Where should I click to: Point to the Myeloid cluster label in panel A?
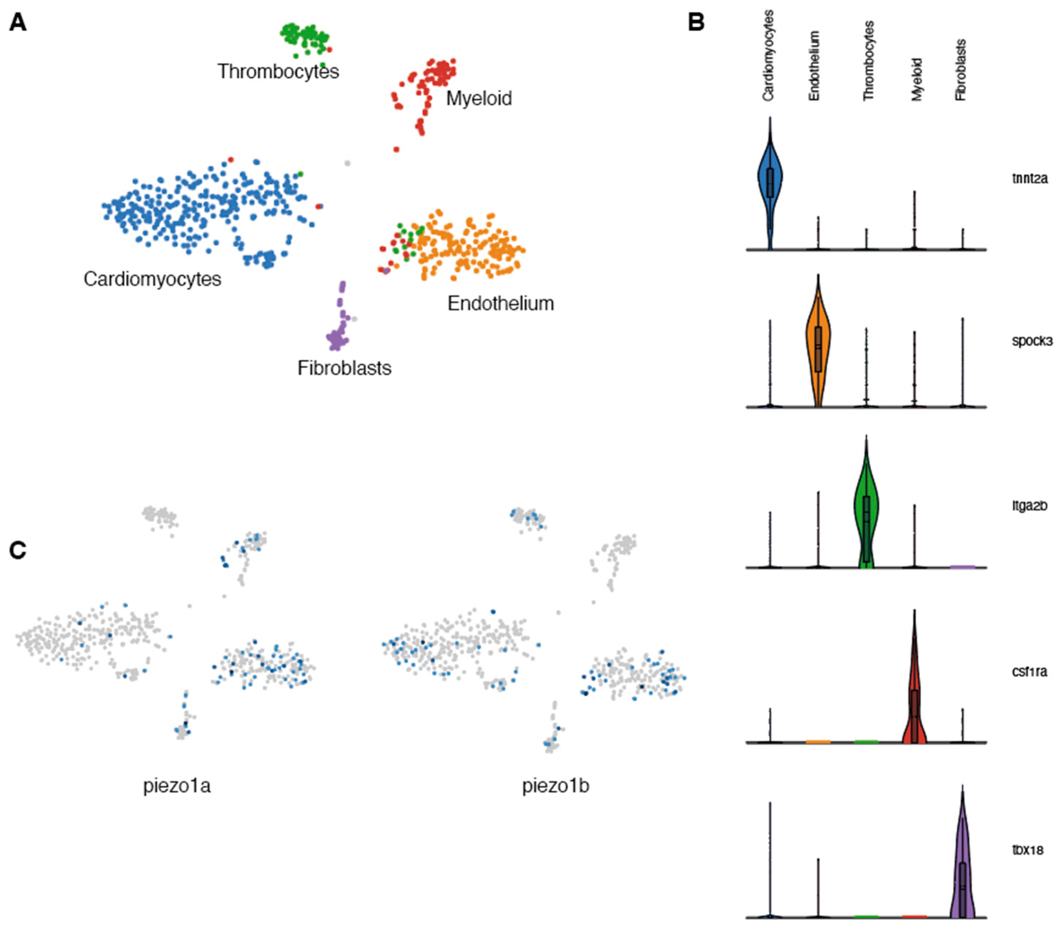coord(479,98)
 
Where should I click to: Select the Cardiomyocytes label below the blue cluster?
coord(152,279)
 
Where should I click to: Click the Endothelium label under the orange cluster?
coord(500,304)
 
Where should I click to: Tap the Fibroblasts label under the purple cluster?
coord(344,368)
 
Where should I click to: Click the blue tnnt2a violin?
coord(770,181)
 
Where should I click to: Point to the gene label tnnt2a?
coord(1029,179)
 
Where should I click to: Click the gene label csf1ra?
coord(1029,672)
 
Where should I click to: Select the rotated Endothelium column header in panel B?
coord(814,66)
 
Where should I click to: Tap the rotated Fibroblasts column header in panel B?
coord(961,70)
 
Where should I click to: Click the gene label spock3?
coord(1032,341)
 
